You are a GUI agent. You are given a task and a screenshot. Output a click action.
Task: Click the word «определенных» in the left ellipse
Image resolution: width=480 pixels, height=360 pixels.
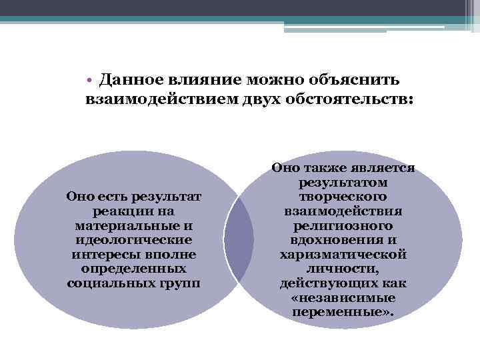[x=134, y=269]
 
